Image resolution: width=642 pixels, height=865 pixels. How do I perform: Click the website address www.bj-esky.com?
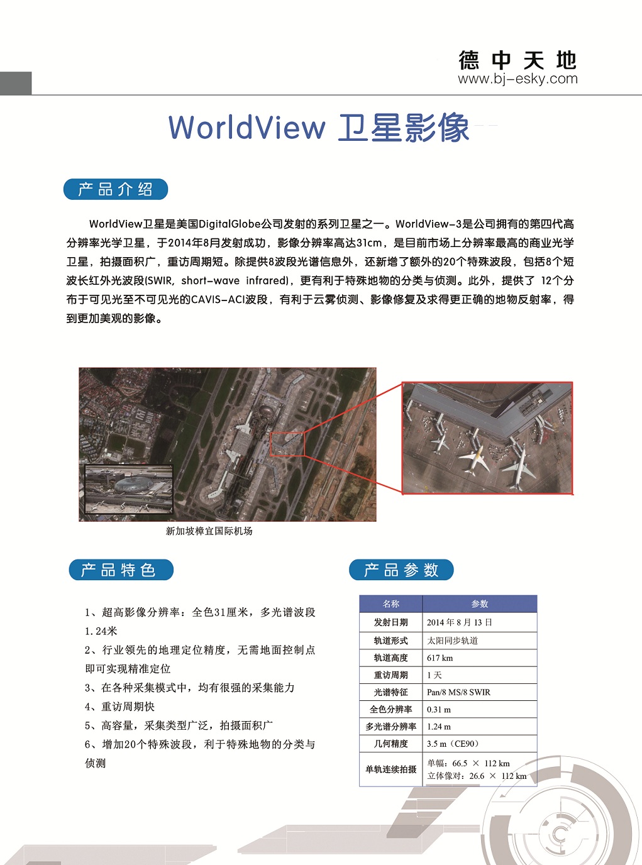click(517, 79)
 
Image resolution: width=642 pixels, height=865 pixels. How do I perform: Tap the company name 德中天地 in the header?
click(517, 60)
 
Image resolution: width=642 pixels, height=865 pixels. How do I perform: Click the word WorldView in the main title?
click(246, 128)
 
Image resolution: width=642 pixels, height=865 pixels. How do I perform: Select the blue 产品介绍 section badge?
click(116, 189)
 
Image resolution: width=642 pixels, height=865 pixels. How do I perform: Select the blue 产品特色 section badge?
click(121, 570)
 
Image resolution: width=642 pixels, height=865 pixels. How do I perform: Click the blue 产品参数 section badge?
click(401, 570)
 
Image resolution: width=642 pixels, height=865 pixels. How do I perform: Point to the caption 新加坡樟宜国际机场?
click(209, 531)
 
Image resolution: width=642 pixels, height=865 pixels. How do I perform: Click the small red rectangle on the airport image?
click(287, 444)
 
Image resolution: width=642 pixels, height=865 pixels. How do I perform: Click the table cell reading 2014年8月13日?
click(459, 622)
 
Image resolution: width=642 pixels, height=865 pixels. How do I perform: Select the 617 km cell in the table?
click(440, 658)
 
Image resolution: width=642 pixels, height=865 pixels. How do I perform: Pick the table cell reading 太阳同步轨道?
click(453, 641)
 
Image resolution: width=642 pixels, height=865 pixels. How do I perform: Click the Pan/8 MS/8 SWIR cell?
click(458, 692)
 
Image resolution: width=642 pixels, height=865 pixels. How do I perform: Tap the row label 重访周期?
click(391, 675)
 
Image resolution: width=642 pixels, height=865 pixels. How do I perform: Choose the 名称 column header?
click(391, 604)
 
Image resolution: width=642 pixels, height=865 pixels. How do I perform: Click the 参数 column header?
click(480, 604)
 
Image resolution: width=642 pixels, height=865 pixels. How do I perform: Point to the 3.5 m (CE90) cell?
click(453, 744)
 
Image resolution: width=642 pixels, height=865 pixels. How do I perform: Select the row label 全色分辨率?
click(391, 710)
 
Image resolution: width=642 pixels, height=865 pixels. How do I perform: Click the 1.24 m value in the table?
click(439, 727)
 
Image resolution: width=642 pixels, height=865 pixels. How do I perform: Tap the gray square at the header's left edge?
click(16, 83)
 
